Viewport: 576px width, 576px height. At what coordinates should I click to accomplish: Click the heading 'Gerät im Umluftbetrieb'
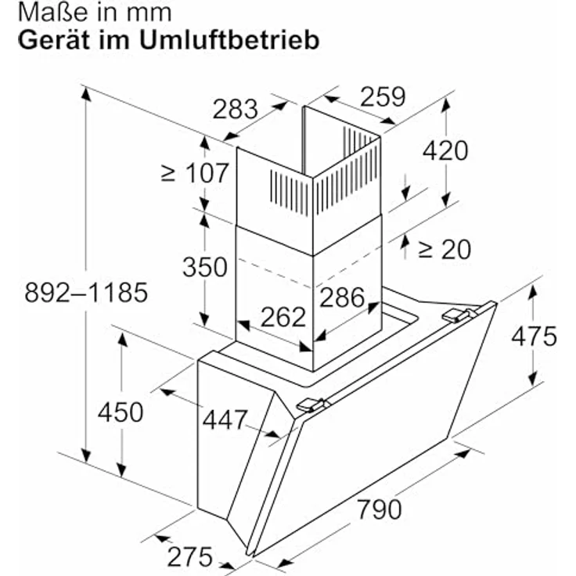168,40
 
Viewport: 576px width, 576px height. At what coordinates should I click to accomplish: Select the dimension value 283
235,109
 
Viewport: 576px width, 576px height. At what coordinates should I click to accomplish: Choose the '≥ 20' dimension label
444,249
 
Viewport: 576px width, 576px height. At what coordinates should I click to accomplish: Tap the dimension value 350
204,267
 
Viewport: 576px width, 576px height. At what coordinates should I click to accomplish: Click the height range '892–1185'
86,293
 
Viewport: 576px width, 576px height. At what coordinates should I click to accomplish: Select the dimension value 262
283,316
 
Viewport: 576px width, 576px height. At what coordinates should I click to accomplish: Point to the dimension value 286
342,297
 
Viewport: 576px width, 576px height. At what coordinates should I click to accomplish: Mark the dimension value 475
535,336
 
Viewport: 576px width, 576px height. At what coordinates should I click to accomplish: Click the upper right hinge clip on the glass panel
459,315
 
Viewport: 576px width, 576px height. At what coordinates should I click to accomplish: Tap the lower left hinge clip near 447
311,405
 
